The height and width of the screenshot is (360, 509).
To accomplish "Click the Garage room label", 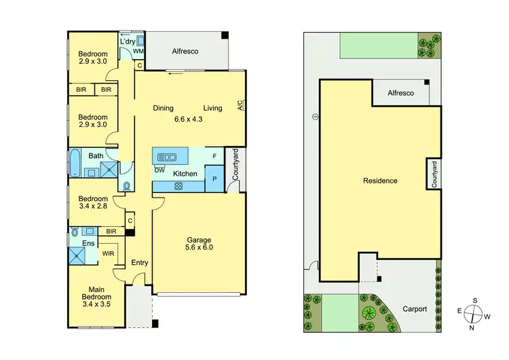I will click(200, 240).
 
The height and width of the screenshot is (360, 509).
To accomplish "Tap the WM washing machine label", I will click(138, 52).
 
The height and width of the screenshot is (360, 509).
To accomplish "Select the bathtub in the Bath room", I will click(75, 163).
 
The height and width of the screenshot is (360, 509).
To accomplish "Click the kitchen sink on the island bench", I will click(167, 158).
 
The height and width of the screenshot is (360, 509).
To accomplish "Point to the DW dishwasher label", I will click(159, 170).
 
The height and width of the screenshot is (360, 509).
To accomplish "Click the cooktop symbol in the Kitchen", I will click(179, 185).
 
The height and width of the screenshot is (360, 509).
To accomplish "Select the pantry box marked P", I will click(214, 179).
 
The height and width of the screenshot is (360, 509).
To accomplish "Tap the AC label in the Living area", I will click(240, 106).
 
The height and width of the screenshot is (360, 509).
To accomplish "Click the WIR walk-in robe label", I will click(108, 254).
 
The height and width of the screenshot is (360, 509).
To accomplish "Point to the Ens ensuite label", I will click(88, 243).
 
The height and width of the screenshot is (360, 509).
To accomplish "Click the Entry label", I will click(140, 263).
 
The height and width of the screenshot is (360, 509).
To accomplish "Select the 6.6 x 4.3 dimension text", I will click(189, 119).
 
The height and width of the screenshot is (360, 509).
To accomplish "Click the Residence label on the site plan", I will click(380, 181).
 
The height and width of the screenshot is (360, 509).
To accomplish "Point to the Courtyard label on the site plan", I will click(433, 174).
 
